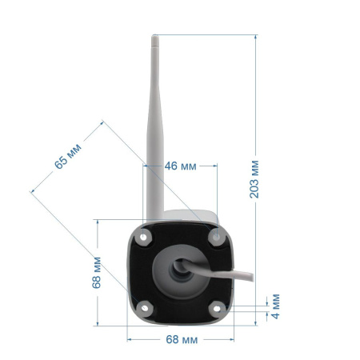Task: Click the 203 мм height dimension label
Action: (x=254, y=179)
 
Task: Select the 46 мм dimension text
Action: (x=180, y=166)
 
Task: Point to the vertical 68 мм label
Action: (x=97, y=273)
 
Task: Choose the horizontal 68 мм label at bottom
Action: (x=180, y=339)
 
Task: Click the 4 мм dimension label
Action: (x=275, y=305)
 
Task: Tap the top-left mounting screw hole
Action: (x=144, y=236)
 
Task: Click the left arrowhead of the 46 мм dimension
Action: (x=146, y=166)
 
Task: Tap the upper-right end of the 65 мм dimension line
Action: (x=102, y=122)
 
